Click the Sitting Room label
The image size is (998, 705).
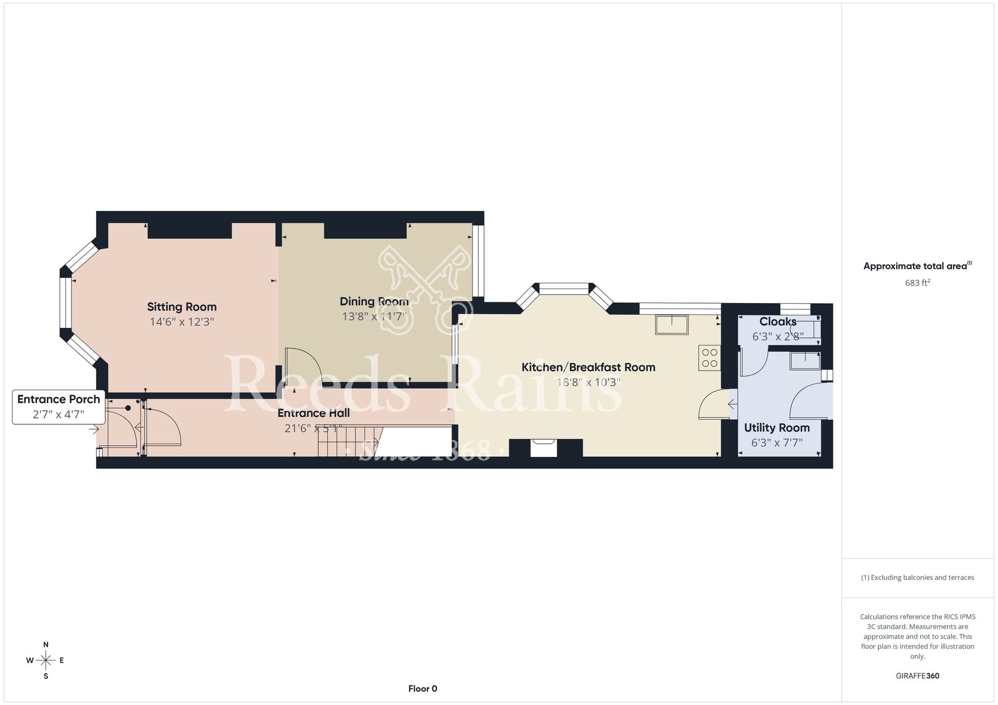182,307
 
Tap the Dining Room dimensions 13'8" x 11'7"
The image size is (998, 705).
374,317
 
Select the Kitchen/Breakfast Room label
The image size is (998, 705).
588,367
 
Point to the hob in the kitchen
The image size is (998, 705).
710,357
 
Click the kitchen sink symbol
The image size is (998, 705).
672,325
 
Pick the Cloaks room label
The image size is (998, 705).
778,322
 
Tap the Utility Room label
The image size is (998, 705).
777,428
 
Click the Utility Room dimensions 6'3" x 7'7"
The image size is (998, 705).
777,443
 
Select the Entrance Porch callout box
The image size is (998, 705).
59,407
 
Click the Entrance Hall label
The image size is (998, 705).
313,413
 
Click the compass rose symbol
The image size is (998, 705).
45,661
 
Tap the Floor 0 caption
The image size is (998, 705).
423,689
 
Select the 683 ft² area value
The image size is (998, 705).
918,283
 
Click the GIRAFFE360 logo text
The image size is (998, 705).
918,676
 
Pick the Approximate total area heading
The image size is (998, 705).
918,266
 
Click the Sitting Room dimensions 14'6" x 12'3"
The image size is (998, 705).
182,322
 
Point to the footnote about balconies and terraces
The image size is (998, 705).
918,577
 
